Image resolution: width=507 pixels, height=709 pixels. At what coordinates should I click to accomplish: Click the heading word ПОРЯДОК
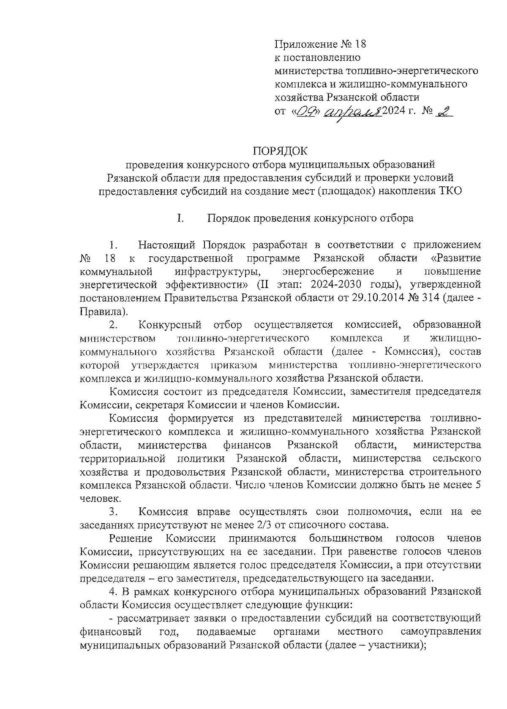click(x=280, y=150)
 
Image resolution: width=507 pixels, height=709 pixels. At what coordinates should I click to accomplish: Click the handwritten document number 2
click(x=443, y=111)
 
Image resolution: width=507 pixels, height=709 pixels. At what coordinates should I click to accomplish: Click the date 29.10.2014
click(x=376, y=299)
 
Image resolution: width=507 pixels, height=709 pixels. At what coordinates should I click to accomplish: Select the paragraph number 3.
click(x=113, y=512)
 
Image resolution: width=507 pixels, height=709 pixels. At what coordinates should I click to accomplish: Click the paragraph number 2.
click(x=113, y=325)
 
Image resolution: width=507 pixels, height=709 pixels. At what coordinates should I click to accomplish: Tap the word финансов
click(x=247, y=445)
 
